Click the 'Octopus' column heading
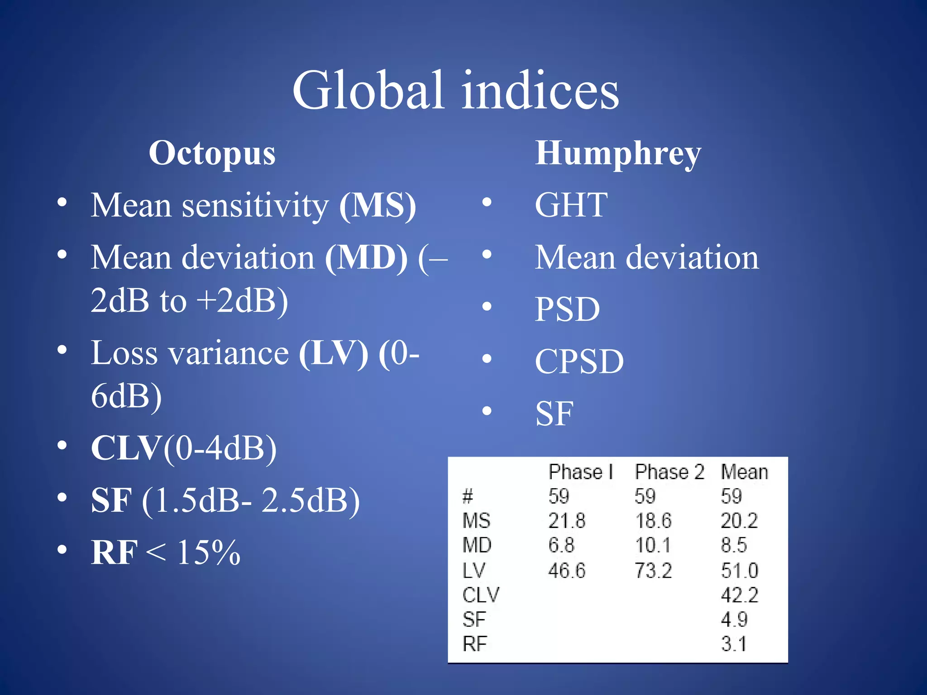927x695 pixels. click(212, 153)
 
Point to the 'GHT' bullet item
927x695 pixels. click(571, 205)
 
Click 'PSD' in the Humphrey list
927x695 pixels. click(567, 309)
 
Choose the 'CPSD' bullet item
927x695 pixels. click(579, 362)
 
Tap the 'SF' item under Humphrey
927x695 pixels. click(554, 414)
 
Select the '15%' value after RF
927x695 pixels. click(208, 552)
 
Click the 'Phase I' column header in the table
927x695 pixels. click(580, 472)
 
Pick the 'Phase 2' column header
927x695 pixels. click(669, 472)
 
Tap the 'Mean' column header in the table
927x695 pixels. click(744, 472)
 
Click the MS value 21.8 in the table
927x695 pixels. click(567, 521)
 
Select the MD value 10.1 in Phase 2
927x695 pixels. click(653, 545)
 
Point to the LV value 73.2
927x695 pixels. click(653, 571)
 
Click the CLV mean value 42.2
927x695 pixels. click(739, 595)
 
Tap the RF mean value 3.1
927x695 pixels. click(734, 643)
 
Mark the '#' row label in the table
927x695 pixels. click(468, 497)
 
